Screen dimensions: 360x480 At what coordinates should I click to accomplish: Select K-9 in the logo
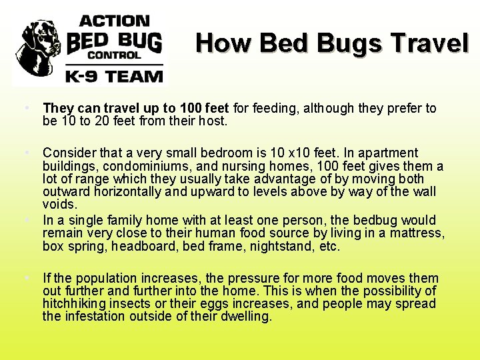click(x=83, y=76)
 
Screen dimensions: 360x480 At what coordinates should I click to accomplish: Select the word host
click(x=213, y=122)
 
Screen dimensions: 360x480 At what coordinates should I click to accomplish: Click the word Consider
click(x=68, y=154)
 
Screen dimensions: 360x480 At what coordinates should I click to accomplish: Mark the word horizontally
click(x=121, y=193)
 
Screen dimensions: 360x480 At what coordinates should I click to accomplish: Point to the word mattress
click(x=418, y=233)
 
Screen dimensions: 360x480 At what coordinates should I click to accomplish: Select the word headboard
click(x=143, y=247)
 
